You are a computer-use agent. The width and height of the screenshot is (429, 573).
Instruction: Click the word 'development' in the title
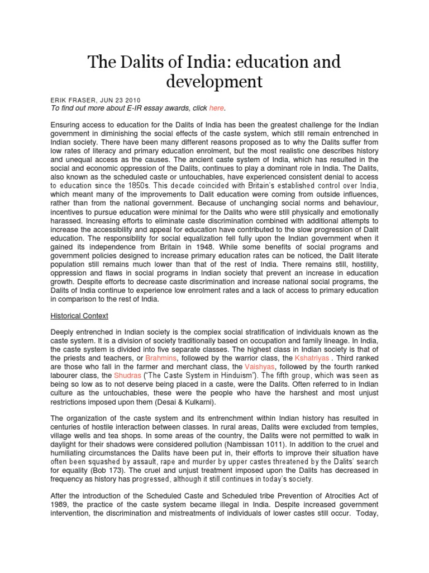pyautogui.click(x=214, y=81)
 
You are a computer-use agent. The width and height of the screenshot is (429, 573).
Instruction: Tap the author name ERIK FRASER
pyautogui.click(x=74, y=100)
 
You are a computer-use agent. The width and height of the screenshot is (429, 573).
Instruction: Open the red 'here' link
pyautogui.click(x=216, y=107)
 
